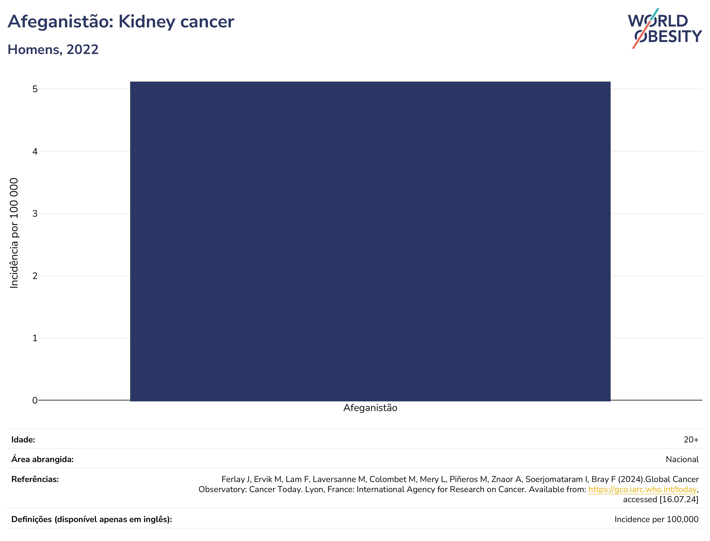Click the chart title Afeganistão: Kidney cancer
tap(121, 22)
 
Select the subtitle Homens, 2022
tap(53, 50)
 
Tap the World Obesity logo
tap(665, 28)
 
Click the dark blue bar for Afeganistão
tap(370, 241)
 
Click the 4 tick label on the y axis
tap(35, 151)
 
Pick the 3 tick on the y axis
tap(35, 214)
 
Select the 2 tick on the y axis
tap(35, 276)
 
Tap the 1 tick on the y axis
tap(35, 338)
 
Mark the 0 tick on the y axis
tap(35, 400)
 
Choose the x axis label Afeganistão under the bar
tap(370, 408)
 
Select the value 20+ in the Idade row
tap(691, 440)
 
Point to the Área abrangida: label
tap(42, 459)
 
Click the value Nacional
tap(682, 459)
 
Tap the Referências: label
tap(35, 479)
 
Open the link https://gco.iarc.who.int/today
tap(642, 489)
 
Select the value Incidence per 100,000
tap(656, 519)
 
